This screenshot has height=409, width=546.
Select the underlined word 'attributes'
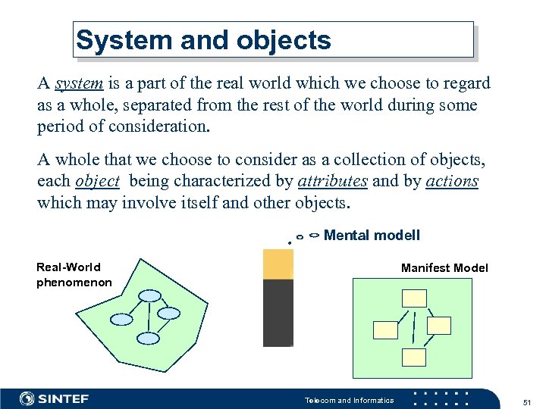click(333, 181)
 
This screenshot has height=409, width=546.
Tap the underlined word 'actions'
click(452, 181)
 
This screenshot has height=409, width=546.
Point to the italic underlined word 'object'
click(97, 181)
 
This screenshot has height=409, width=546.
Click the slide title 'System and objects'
click(204, 40)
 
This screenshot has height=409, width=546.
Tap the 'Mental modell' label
click(372, 236)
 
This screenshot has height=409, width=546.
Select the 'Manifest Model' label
click(444, 268)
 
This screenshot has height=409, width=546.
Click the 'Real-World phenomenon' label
click(74, 275)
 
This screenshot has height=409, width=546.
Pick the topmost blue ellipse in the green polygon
click(151, 295)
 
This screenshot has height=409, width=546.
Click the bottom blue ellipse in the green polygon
click(147, 338)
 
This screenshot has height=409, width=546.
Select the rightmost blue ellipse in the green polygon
click(168, 313)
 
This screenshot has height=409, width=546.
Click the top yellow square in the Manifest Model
click(414, 299)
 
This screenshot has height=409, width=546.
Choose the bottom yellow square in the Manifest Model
click(414, 357)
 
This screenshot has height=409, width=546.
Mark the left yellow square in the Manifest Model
click(386, 329)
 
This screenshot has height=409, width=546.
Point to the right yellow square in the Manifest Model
click(438, 326)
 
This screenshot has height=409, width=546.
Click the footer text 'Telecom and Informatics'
click(349, 401)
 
